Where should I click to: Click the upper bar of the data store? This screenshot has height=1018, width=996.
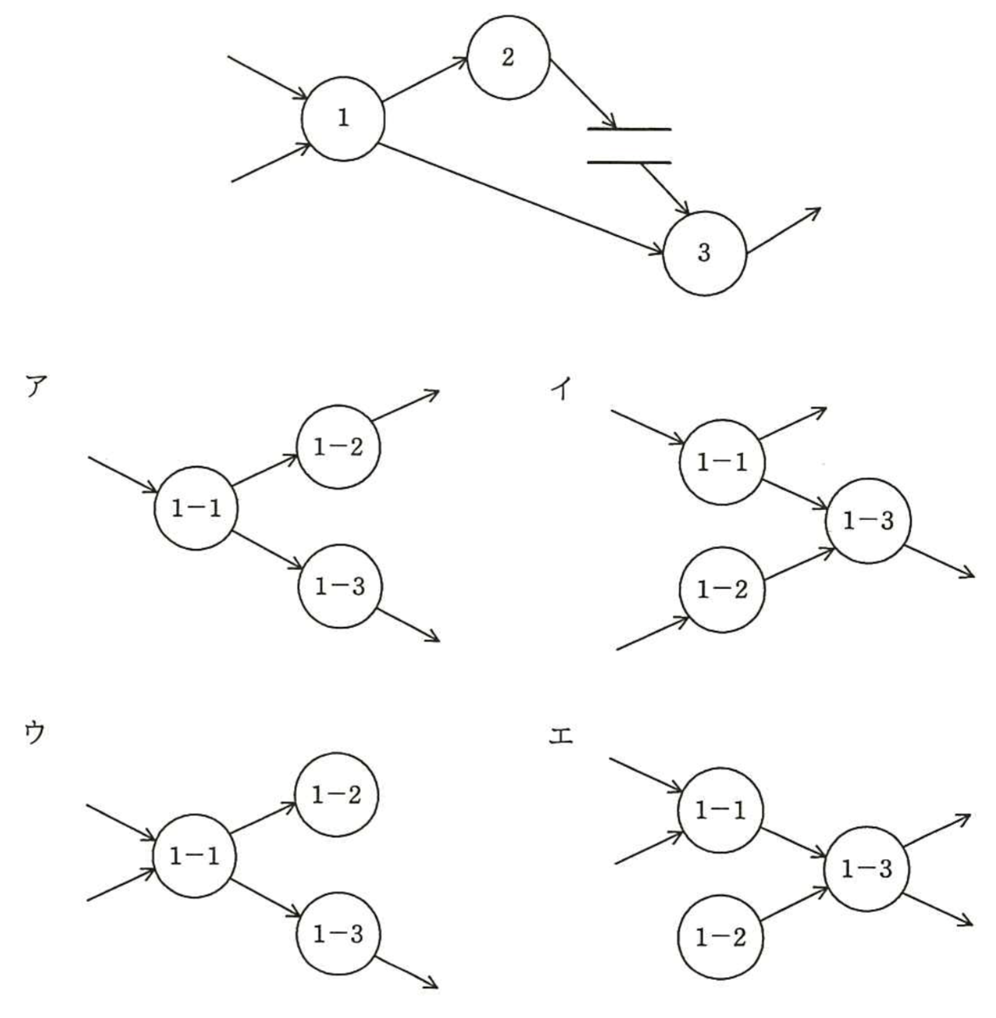629,129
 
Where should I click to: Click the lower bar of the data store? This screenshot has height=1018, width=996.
629,162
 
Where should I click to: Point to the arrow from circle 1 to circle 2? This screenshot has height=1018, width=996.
425,79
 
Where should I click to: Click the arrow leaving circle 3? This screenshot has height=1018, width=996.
784,231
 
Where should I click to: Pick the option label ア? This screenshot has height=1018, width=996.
36,386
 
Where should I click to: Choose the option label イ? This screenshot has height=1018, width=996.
560,389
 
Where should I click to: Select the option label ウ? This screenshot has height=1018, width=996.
35,732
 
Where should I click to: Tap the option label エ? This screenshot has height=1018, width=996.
561,737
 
